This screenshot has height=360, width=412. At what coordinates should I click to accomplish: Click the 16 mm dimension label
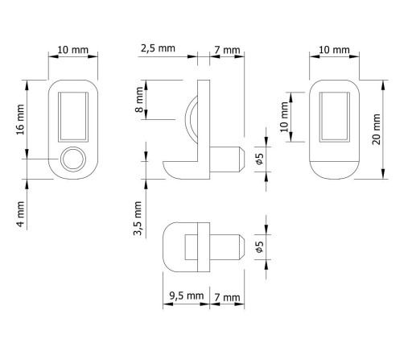pyautogui.click(x=21, y=119)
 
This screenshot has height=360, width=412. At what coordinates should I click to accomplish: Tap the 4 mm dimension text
pyautogui.click(x=21, y=214)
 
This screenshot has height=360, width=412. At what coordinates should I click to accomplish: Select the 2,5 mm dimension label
pyautogui.click(x=158, y=48)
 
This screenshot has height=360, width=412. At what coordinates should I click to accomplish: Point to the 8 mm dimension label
pyautogui.click(x=139, y=100)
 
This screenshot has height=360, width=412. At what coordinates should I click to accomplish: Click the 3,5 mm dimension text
pyautogui.click(x=138, y=218)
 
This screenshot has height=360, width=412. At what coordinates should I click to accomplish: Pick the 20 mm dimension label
pyautogui.click(x=377, y=129)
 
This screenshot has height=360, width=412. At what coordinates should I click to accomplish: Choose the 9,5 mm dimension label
pyautogui.click(x=187, y=296)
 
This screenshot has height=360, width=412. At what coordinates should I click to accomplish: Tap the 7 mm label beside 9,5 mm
pyautogui.click(x=227, y=297)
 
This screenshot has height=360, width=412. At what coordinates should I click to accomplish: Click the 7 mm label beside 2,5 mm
pyautogui.click(x=227, y=50)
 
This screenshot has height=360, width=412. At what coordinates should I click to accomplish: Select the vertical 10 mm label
pyautogui.click(x=284, y=117)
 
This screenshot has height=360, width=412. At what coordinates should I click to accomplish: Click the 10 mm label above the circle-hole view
pyautogui.click(x=73, y=50)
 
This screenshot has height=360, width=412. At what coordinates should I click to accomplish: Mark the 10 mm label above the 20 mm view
pyautogui.click(x=334, y=50)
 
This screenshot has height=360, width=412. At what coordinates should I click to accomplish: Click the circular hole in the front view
pyautogui.click(x=73, y=159)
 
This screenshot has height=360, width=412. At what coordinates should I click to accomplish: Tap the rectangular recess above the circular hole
pyautogui.click(x=73, y=117)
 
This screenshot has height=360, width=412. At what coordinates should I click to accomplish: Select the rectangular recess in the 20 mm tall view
pyautogui.click(x=335, y=117)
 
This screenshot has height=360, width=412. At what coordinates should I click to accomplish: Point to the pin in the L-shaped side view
pyautogui.click(x=227, y=159)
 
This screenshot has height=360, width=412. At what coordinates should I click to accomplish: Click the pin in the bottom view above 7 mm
pyautogui.click(x=227, y=247)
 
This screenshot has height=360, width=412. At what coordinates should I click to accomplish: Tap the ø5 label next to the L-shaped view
pyautogui.click(x=260, y=159)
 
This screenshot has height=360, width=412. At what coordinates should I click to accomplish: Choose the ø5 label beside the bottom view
pyautogui.click(x=260, y=246)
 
